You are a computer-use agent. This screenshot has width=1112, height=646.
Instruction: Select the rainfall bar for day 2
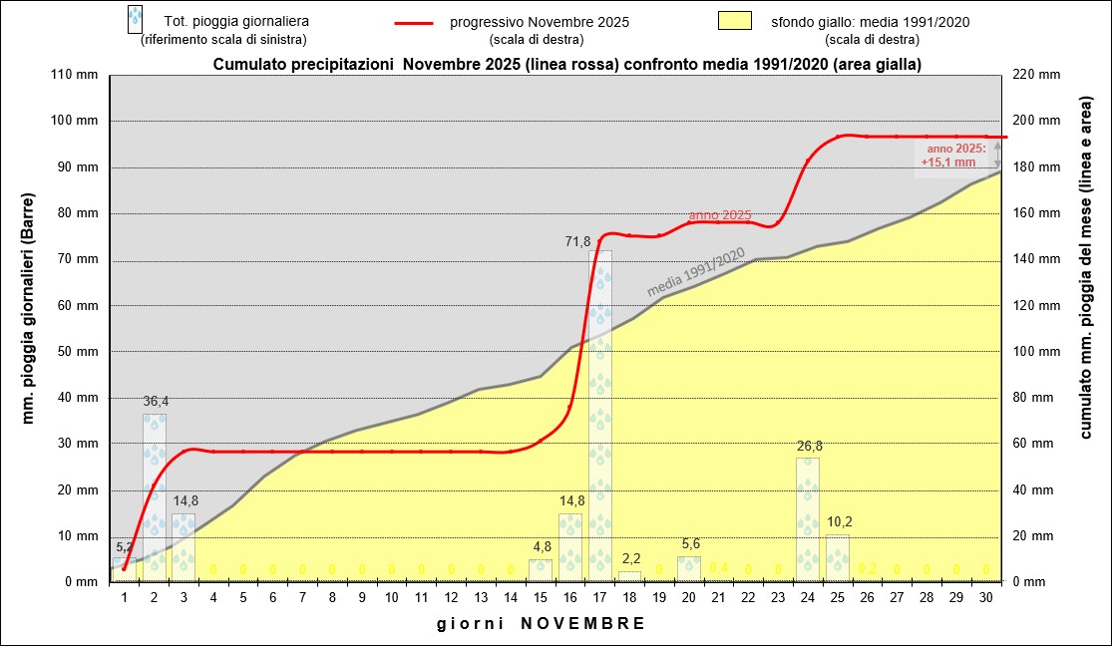point(155,497)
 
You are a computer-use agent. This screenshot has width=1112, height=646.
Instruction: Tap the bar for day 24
point(808,519)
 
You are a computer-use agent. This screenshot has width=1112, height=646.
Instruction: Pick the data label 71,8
point(580,241)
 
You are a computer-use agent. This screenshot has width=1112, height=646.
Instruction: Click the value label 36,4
point(156,402)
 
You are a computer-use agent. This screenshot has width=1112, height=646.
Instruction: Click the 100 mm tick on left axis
point(79,121)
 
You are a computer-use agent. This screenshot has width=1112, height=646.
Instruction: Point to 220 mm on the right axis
point(1032,75)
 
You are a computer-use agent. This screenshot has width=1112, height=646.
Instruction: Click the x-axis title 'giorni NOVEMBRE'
point(541,623)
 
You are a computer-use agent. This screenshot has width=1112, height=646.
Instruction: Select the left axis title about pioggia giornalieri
point(29,329)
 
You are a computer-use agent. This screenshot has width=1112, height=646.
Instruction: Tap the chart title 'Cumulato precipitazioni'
point(566,64)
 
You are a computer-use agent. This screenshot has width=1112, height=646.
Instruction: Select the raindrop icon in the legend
point(135,18)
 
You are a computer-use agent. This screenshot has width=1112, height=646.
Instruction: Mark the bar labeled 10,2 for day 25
point(838,557)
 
